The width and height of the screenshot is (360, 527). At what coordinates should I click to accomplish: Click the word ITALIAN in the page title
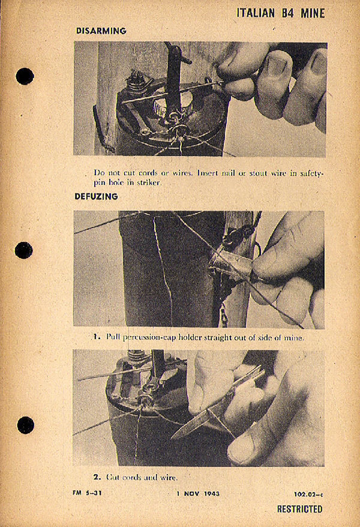point(256,13)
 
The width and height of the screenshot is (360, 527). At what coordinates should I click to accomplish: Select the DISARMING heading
point(101,31)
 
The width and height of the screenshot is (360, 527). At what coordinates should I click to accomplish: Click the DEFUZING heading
point(96,197)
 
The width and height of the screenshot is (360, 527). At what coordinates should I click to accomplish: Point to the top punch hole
point(25,76)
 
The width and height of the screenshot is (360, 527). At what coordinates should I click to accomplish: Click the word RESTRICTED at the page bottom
point(300,509)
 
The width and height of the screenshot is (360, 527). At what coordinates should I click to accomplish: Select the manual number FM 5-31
point(87,493)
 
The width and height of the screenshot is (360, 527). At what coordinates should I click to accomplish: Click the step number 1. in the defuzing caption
point(97,337)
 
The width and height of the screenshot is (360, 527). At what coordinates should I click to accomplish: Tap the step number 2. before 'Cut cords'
point(97,477)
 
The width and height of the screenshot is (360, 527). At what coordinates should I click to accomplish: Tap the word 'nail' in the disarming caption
point(228,173)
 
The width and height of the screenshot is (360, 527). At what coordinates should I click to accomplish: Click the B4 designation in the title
point(287,13)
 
